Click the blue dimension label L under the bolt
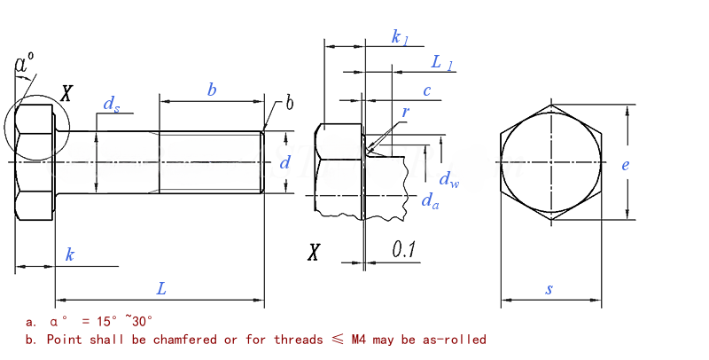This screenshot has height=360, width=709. click(x=161, y=288)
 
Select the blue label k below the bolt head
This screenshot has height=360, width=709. click(x=70, y=254)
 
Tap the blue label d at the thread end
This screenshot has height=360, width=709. click(x=284, y=162)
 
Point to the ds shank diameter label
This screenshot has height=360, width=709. click(x=112, y=105)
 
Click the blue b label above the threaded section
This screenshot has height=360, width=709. click(x=212, y=90)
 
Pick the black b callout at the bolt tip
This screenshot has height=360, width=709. click(x=290, y=103)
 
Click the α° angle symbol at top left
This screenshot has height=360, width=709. click(x=25, y=63)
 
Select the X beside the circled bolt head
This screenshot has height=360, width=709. click(x=66, y=94)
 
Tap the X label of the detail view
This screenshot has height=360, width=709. click(x=314, y=252)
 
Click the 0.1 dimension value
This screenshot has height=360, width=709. click(x=404, y=249)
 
